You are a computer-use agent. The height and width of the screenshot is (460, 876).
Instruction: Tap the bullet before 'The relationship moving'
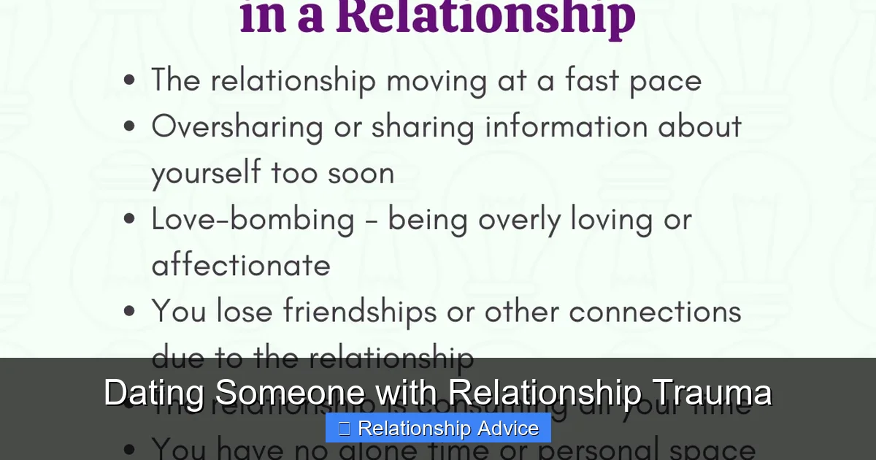pos(130,80)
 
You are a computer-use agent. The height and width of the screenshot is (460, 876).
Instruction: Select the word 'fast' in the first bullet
pos(591,80)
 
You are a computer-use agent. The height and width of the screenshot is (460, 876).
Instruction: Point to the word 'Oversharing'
pos(237,127)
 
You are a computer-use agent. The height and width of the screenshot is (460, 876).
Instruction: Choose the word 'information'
pos(566,126)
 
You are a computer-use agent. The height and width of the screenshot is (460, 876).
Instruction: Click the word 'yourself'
pos(206,174)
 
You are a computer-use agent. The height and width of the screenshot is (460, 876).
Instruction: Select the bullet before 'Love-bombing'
pos(130,219)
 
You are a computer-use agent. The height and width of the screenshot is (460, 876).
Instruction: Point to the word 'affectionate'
pos(241,265)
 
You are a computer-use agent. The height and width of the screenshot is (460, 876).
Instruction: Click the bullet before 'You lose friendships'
pos(130,312)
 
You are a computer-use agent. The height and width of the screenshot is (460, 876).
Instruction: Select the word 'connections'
pos(655,312)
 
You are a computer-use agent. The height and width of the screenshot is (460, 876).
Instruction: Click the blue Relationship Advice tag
pos(438,428)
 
